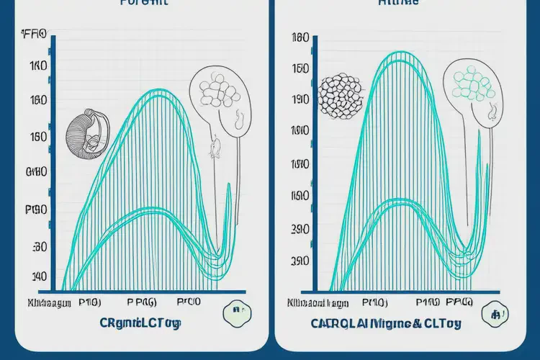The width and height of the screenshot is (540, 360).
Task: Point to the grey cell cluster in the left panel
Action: click(x=215, y=94)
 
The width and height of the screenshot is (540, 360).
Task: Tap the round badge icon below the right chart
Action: click(x=496, y=312)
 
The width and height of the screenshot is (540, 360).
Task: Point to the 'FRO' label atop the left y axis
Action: click(x=34, y=34)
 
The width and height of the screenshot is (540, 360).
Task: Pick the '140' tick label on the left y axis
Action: click(x=40, y=276)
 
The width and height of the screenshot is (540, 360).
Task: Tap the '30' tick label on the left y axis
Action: click(x=40, y=246)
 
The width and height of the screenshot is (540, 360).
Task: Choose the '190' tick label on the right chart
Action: click(x=300, y=100)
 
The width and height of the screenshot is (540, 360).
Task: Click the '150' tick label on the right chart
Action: click(x=300, y=69)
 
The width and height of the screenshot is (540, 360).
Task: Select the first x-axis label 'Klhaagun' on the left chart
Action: click(x=49, y=302)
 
